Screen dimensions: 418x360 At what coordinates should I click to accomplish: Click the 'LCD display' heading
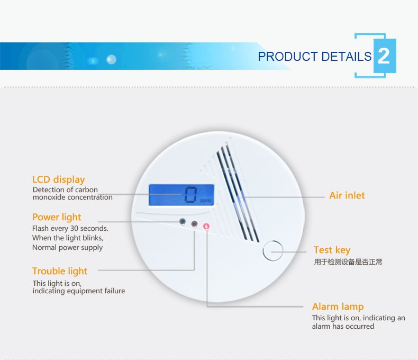58,180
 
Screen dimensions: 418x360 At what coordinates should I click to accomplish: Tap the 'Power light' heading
57,218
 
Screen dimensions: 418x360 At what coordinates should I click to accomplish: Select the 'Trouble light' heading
60,271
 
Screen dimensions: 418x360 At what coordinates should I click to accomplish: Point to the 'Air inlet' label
347,195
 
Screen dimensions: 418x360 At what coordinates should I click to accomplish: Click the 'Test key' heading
332,250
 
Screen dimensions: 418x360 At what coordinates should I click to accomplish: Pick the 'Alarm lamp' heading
338,307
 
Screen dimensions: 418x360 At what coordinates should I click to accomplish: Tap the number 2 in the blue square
384,56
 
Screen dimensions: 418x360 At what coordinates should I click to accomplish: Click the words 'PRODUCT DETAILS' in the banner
315,57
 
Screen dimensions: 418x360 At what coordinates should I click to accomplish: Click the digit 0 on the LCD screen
191,195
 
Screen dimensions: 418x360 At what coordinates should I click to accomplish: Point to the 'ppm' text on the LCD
205,201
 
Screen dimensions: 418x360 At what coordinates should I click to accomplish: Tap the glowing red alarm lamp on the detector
206,227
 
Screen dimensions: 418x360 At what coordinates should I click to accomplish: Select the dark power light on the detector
183,221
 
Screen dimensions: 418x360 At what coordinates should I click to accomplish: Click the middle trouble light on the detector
194,224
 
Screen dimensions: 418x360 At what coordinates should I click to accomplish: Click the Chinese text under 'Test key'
348,262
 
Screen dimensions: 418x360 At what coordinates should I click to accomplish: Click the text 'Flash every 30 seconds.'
70,229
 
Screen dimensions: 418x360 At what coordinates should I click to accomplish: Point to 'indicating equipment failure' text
79,291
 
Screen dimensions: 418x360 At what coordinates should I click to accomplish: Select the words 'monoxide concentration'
72,197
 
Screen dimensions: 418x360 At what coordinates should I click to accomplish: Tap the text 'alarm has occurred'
343,327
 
